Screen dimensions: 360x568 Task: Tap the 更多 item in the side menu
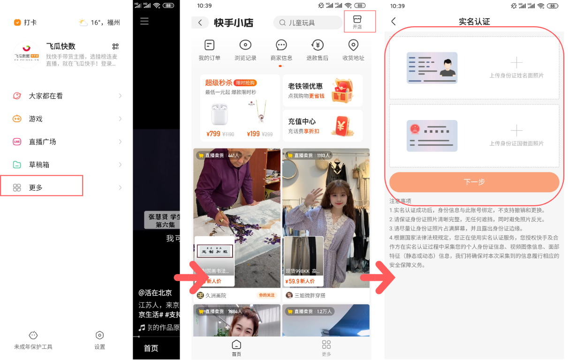coord(36,187)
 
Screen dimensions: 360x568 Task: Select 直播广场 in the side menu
coord(42,142)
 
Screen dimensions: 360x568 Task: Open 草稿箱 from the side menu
coord(39,165)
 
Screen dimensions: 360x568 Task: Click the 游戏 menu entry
coord(36,119)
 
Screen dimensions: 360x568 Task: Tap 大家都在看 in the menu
coord(45,96)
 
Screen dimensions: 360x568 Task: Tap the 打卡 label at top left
coord(30,22)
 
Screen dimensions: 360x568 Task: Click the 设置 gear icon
coord(99,336)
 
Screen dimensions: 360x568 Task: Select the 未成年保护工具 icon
coord(33,336)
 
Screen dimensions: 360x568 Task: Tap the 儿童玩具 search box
coord(308,22)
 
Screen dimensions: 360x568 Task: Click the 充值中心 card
coord(322,126)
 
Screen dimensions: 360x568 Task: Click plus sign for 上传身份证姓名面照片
coord(516,63)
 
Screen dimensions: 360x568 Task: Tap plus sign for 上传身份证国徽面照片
coord(516,130)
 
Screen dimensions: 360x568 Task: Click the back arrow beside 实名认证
coord(394,22)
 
